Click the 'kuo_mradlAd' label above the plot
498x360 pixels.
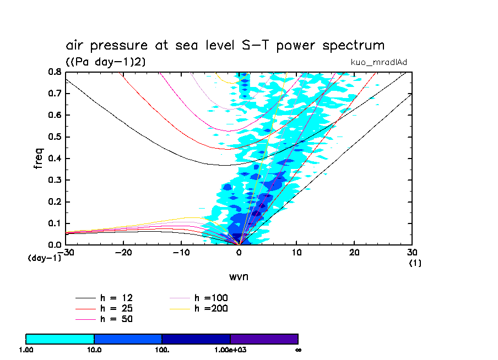coord(379,62)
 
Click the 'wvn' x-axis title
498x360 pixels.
coord(239,276)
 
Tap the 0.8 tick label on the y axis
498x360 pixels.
coord(54,72)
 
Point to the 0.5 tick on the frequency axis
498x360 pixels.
coord(54,137)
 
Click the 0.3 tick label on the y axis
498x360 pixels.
coord(54,180)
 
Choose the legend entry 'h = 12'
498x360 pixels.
coord(116,298)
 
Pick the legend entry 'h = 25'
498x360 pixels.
coord(116,308)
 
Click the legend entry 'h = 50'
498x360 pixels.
coord(116,319)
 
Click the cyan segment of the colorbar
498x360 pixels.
coord(60,339)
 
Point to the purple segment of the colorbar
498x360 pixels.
coord(264,339)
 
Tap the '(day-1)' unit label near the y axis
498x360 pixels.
coord(44,258)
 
